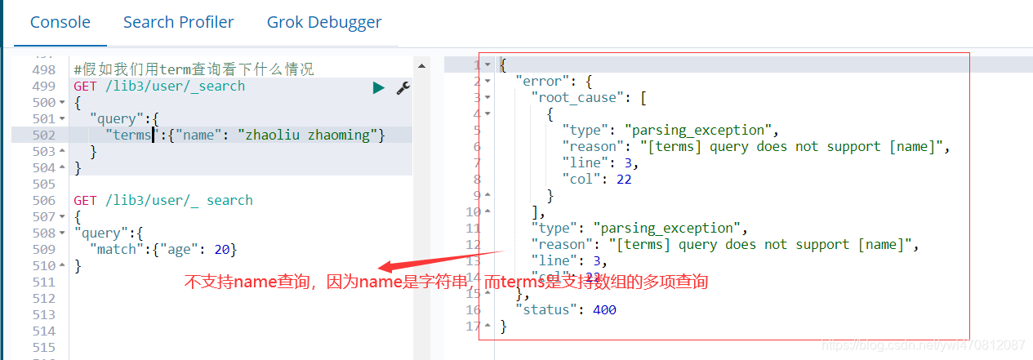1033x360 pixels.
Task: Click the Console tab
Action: click(x=60, y=22)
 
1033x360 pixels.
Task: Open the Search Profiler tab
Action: click(x=178, y=22)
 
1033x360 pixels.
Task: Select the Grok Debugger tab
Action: click(x=324, y=22)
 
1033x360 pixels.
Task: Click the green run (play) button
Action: click(x=378, y=87)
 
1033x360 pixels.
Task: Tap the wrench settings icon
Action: click(x=403, y=87)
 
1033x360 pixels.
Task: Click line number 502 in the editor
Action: click(x=44, y=136)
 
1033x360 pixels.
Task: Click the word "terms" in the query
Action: click(x=131, y=136)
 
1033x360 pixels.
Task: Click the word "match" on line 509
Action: click(x=117, y=250)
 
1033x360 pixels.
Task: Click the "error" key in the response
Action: click(x=542, y=82)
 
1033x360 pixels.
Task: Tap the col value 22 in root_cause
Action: click(x=624, y=180)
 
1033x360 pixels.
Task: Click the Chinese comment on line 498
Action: click(x=194, y=70)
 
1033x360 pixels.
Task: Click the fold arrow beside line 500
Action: click(x=62, y=103)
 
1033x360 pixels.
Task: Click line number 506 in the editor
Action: click(x=44, y=201)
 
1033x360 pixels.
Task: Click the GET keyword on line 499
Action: click(x=85, y=87)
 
